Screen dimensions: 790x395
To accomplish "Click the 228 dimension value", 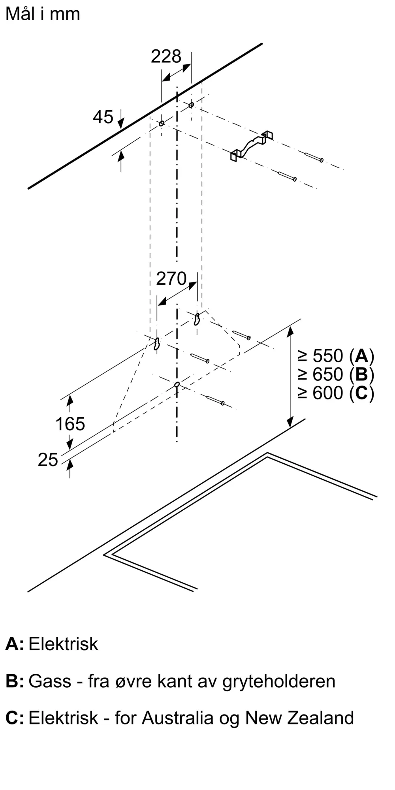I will tap(166, 56).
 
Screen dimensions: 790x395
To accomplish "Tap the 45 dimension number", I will tap(103, 117).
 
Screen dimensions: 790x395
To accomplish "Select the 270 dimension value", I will tap(171, 279).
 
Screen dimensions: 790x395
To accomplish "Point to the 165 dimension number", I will tap(70, 424).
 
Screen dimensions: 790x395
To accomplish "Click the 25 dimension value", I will tap(48, 460).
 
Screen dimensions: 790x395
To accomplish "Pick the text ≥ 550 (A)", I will tap(335, 356).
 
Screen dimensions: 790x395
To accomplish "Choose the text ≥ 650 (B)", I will tap(335, 374).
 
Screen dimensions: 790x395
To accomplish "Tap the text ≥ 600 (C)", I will tap(335, 393).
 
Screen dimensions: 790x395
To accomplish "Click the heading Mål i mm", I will tap(43, 14).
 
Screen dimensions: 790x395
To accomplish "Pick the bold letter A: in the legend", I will tap(14, 644).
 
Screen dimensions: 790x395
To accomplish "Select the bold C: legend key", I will tap(15, 718).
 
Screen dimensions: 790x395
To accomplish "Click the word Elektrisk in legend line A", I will tap(63, 644).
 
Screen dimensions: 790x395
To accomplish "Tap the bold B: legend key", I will tap(15, 681).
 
